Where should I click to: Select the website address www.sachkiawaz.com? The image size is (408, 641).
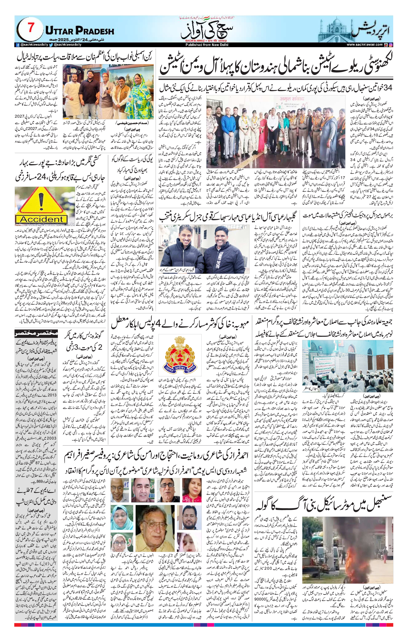365,45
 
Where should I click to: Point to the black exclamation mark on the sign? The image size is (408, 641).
41,201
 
